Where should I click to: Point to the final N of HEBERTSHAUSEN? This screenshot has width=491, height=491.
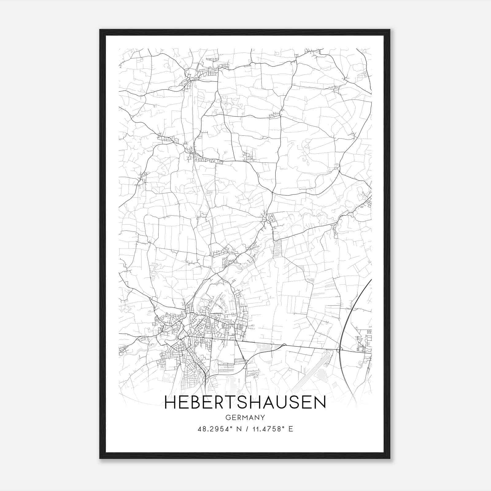[319, 403]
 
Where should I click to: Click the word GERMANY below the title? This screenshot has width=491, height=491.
[245, 417]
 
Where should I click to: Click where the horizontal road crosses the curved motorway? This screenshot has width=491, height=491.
[340, 350]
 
